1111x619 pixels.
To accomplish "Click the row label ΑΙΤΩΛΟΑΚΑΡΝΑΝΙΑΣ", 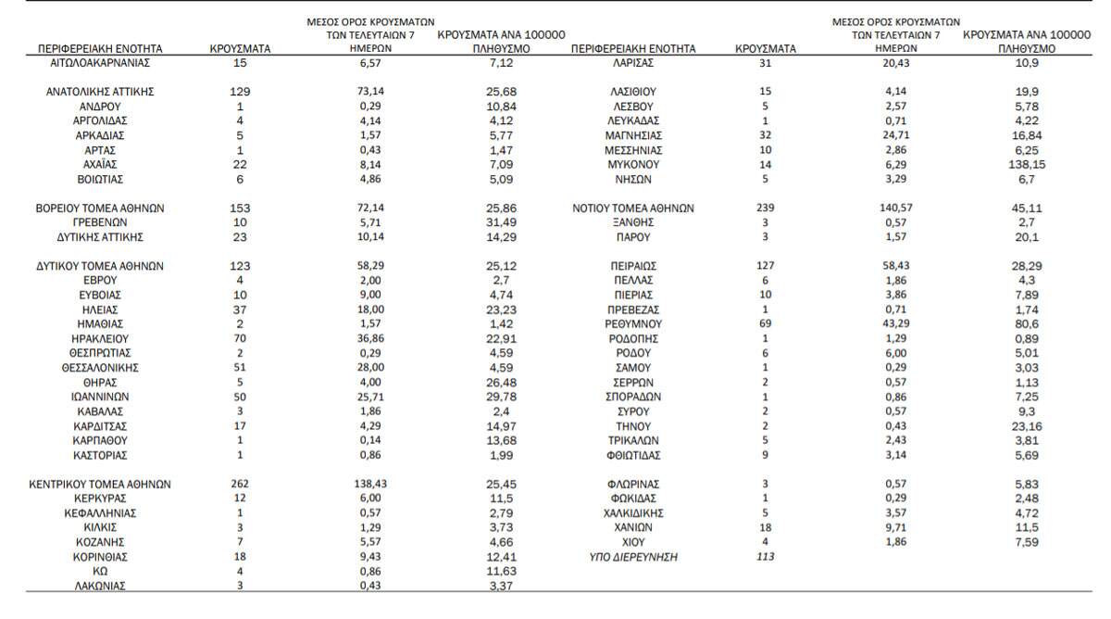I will [x=100, y=63].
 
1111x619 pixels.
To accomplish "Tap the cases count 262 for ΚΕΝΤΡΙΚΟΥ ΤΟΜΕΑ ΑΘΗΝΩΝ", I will [x=240, y=484].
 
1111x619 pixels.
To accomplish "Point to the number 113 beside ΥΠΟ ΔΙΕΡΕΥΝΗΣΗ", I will [x=764, y=557].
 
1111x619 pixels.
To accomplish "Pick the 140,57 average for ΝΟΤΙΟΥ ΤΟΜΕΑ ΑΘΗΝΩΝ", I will [x=895, y=208].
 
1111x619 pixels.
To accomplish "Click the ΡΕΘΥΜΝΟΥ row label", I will [x=633, y=324].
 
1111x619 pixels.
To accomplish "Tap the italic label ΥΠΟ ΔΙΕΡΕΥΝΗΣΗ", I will [x=633, y=557].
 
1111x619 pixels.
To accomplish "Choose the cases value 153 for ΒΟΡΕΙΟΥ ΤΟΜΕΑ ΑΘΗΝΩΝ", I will [x=240, y=208].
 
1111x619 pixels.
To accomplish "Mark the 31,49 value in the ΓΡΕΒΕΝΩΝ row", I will [x=499, y=223].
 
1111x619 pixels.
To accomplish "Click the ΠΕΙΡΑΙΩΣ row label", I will [x=633, y=266].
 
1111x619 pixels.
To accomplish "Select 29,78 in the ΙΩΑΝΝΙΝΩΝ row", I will [x=499, y=397].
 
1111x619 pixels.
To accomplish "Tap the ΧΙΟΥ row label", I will [x=633, y=542].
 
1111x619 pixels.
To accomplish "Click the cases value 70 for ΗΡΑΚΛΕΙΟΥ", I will [x=240, y=339].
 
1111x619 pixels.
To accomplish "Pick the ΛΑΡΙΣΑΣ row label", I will [x=633, y=63].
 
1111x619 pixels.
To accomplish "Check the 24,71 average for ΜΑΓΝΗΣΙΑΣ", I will [x=895, y=135].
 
